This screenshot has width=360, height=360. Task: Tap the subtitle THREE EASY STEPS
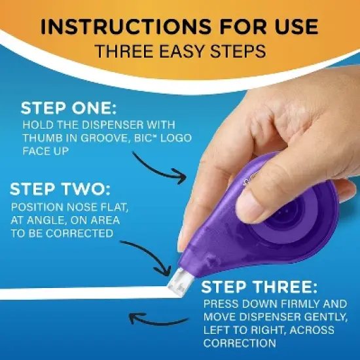point(180,52)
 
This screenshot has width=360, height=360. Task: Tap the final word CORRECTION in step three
point(238,343)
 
